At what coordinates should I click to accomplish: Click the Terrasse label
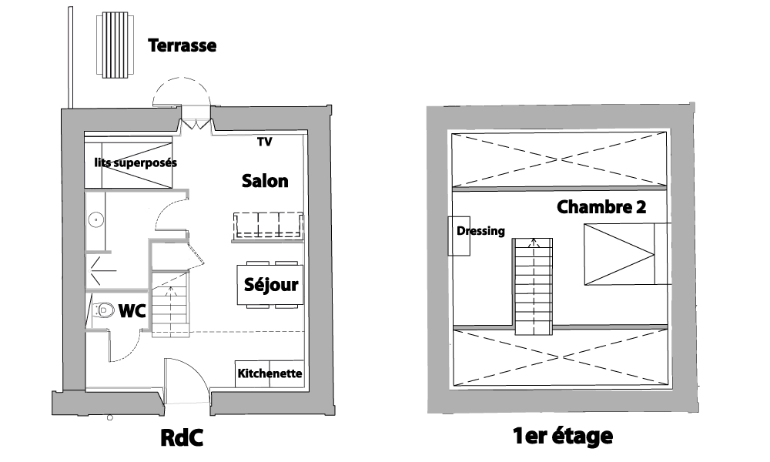(182, 45)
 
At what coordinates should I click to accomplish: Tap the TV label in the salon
(264, 142)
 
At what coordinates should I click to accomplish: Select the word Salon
(265, 181)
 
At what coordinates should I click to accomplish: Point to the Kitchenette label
(269, 374)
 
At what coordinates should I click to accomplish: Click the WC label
(132, 310)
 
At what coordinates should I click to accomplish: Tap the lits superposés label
(136, 162)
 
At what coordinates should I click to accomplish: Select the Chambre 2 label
(601, 206)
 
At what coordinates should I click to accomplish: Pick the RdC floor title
(182, 437)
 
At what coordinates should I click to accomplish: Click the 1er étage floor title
(563, 437)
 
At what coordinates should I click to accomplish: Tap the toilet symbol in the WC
(100, 310)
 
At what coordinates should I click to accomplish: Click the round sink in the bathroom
(96, 219)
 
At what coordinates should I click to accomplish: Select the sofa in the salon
(269, 226)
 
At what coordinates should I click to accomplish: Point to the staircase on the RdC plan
(169, 303)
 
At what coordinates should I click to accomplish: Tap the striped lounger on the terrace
(115, 45)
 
